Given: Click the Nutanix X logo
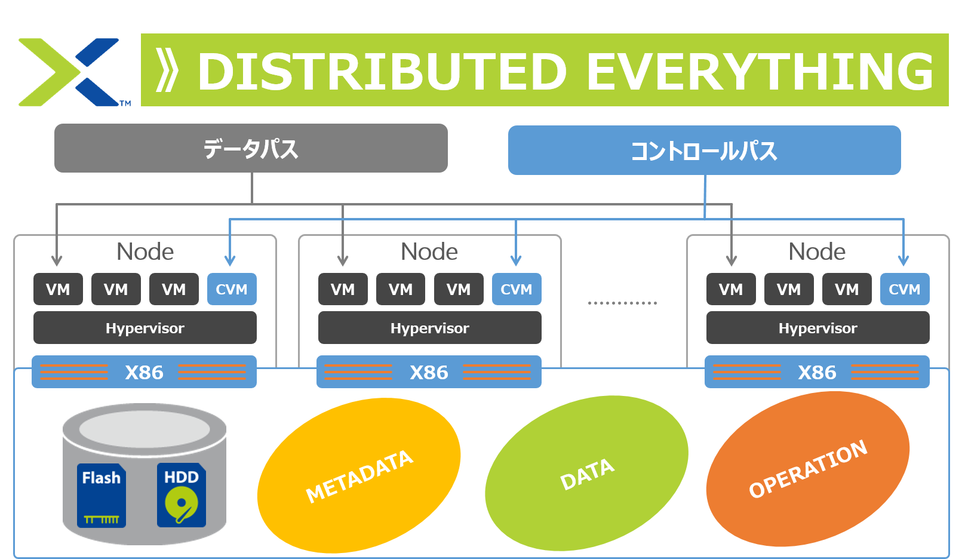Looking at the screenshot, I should coord(70,72).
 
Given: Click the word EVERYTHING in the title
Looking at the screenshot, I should coord(760,72).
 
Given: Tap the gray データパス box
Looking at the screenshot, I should coord(251,148).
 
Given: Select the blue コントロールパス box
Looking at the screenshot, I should coord(704,150).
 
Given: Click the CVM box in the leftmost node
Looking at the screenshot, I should coord(232,289).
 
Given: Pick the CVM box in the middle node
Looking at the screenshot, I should coord(516,289).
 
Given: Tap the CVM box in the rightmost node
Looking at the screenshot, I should coord(904,289).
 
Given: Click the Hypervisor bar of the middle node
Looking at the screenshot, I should coord(429,328).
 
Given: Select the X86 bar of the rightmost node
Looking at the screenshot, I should coord(817,372).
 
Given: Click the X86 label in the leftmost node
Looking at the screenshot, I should coord(144,372).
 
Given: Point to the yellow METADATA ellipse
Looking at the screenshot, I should coord(359,475).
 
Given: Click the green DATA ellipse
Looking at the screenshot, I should coord(586,473).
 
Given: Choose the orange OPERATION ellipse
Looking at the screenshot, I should coord(807,469).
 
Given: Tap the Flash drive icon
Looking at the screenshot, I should coord(102,495).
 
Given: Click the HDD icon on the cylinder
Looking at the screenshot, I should coord(182,495).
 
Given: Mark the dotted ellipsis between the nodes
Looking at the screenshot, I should coord(622,303).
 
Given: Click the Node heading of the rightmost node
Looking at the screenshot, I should coord(817,251).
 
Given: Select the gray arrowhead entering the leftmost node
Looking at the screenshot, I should coord(57,260).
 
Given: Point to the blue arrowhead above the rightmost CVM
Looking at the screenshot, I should coord(903,260).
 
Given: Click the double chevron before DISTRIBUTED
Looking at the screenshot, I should coord(167,71).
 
